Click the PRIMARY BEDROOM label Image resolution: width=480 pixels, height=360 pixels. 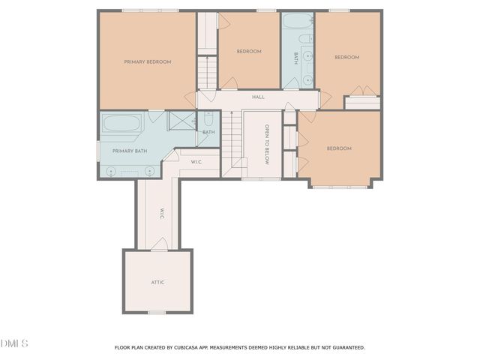pos(148,61)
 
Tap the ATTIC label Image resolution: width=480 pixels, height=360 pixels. pos(157,282)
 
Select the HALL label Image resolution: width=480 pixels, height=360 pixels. pos(258,97)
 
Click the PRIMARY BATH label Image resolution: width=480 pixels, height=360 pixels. pos(130,151)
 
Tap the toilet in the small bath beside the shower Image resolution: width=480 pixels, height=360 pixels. pos(208,118)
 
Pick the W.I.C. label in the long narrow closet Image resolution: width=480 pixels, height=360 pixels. pos(161,213)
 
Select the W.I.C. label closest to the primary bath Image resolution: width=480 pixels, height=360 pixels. pos(196,161)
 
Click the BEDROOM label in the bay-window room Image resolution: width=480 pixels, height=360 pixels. pos(339,148)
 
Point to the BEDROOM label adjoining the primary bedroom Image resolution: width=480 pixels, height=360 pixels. pos(249,51)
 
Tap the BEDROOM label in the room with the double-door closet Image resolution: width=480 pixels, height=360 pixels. pos(346,57)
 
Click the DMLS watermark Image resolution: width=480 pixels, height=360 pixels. pos(14,343)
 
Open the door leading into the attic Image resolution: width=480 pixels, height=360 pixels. pos(158,244)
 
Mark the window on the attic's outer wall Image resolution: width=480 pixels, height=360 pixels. pos(156,312)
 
